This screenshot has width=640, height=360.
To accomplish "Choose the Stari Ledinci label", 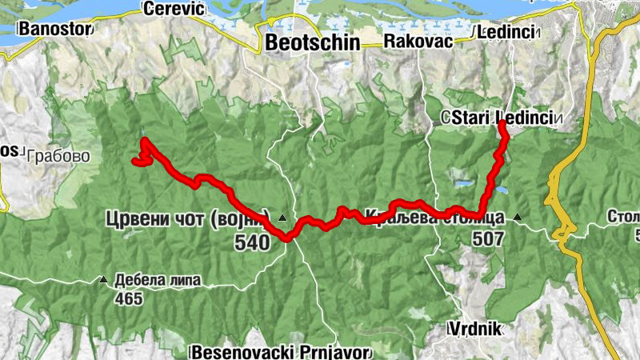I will [502, 118].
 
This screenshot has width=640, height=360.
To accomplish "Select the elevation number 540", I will [254, 243].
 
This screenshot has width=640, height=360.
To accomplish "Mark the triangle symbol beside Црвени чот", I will [282, 218].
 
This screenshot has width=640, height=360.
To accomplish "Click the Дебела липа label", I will [163, 280].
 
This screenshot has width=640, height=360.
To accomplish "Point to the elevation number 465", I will [128, 299].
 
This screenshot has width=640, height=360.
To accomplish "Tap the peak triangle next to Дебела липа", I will [103, 280].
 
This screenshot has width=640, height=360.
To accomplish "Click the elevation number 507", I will [488, 238].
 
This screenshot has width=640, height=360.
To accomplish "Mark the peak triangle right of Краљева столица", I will [518, 216].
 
